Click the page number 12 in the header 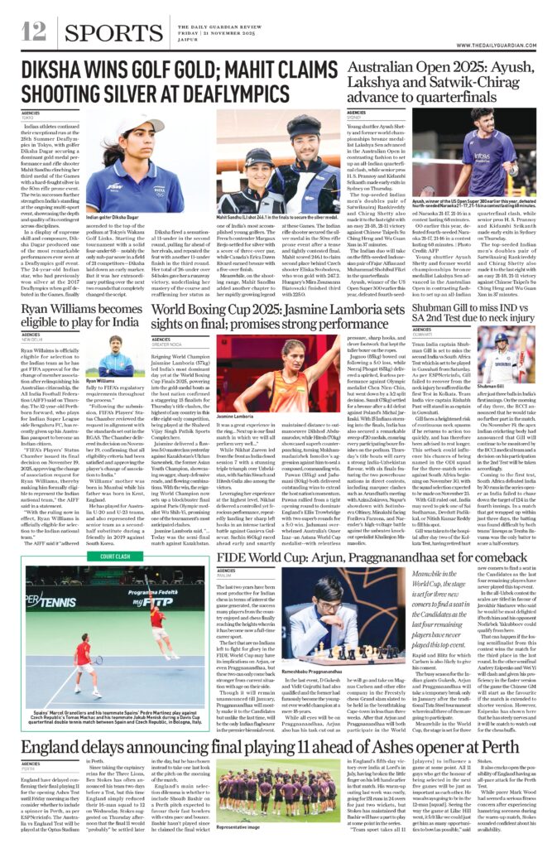(33, 31)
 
